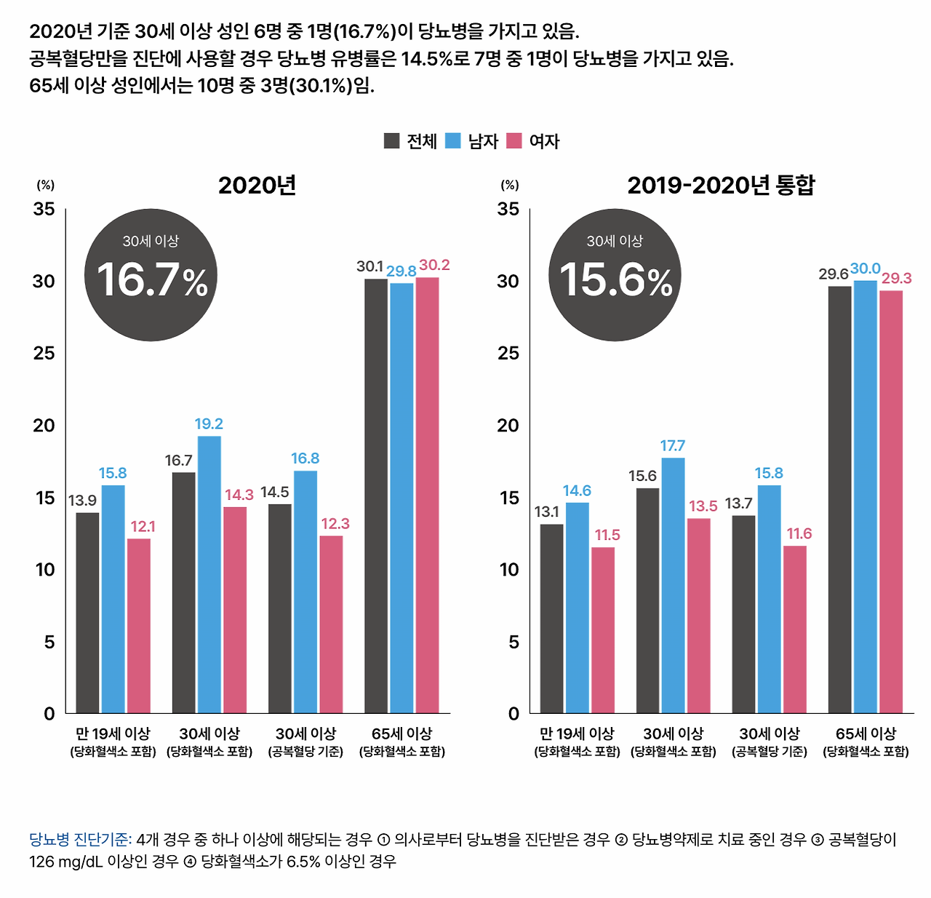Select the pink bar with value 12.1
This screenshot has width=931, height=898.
139,625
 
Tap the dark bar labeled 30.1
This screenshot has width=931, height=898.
376,495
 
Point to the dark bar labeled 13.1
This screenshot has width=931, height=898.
551,618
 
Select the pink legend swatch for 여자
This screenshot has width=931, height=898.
514,140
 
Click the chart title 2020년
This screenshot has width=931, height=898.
257,186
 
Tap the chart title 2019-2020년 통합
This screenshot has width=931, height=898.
721,186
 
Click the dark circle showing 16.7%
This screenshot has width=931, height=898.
151,274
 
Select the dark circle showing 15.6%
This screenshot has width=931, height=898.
615,274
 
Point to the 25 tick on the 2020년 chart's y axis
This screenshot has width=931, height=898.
44,354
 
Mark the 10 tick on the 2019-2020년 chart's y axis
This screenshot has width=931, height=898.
509,570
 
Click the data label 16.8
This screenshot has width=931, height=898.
305,458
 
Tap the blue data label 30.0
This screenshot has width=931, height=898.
865,269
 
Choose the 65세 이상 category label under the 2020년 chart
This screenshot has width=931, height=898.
401,734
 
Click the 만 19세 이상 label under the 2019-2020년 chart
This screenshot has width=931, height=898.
577,734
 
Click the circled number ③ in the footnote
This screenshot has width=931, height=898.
818,841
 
